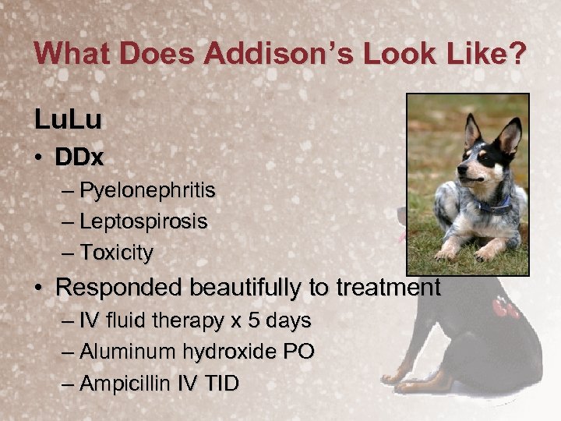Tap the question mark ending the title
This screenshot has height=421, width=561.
pos(517,54)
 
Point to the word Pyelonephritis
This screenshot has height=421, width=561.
pos(148,190)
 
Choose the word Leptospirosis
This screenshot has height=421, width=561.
pos(144,221)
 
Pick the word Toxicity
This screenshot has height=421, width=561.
pos(117,253)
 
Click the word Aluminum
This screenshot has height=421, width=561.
pos(127,352)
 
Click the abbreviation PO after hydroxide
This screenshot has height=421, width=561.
pos(299,352)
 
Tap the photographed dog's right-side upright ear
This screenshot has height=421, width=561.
pos(510,136)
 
